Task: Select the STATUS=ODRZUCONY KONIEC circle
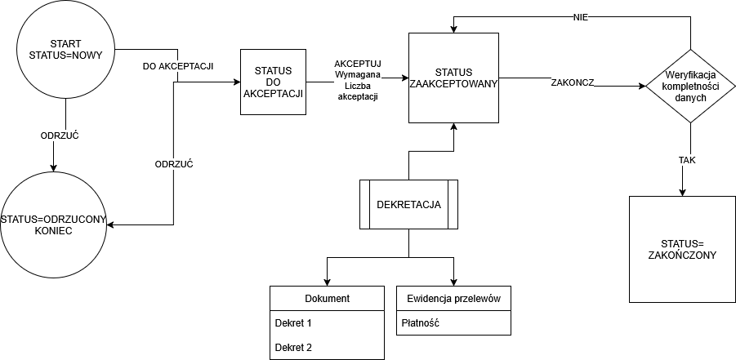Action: (54, 224)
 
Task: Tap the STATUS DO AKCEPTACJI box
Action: (273, 82)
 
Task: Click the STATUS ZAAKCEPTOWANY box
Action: (453, 78)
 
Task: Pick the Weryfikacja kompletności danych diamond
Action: (691, 86)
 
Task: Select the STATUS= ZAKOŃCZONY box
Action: (682, 249)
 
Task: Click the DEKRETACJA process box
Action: (408, 205)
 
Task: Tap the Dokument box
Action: (327, 299)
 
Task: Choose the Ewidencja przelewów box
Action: (454, 299)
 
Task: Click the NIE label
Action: (581, 17)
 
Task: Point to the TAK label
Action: (686, 161)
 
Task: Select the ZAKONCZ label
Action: (572, 82)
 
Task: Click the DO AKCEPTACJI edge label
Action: (178, 66)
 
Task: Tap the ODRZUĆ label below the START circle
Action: (60, 136)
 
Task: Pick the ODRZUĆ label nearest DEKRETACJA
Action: (173, 164)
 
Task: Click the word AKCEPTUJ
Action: (358, 63)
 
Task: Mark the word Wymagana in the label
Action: (357, 74)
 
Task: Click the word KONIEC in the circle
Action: (54, 231)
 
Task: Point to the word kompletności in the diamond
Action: (691, 86)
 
